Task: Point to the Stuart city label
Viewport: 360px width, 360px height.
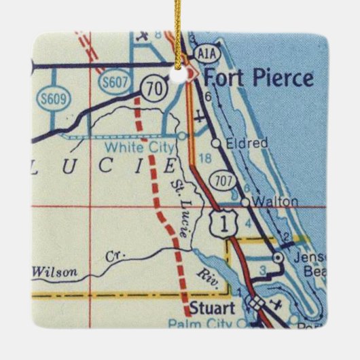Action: click(x=209, y=308)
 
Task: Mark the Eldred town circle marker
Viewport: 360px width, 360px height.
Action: click(x=215, y=143)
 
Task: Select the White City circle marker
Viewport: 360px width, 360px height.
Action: click(x=182, y=136)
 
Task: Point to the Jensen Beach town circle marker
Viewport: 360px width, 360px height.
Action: click(x=277, y=258)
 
